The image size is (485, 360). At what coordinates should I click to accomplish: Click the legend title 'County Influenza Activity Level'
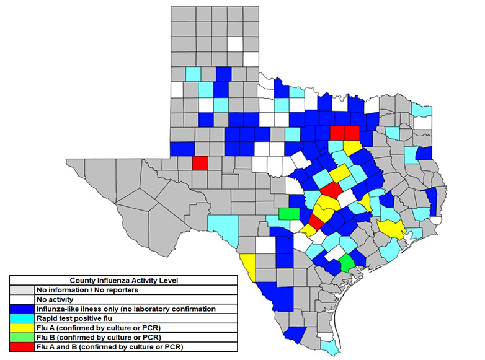pyautogui.click(x=123, y=280)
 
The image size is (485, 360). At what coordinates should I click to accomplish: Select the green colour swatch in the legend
pyautogui.click(x=22, y=337)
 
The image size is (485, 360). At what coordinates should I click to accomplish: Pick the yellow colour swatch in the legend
pyautogui.click(x=22, y=327)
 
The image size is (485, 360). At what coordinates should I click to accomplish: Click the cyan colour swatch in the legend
pyautogui.click(x=22, y=318)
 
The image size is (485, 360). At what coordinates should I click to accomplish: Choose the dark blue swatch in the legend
pyautogui.click(x=22, y=309)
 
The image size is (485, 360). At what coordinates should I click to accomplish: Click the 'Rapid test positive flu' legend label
pyautogui.click(x=73, y=318)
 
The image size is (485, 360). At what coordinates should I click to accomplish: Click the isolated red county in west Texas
pyautogui.click(x=200, y=163)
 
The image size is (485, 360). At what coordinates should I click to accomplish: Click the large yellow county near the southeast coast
pyautogui.click(x=393, y=229)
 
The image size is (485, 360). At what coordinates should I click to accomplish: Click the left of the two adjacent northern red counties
pyautogui.click(x=338, y=133)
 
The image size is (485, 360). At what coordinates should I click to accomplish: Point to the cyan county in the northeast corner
pyautogui.click(x=421, y=110)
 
